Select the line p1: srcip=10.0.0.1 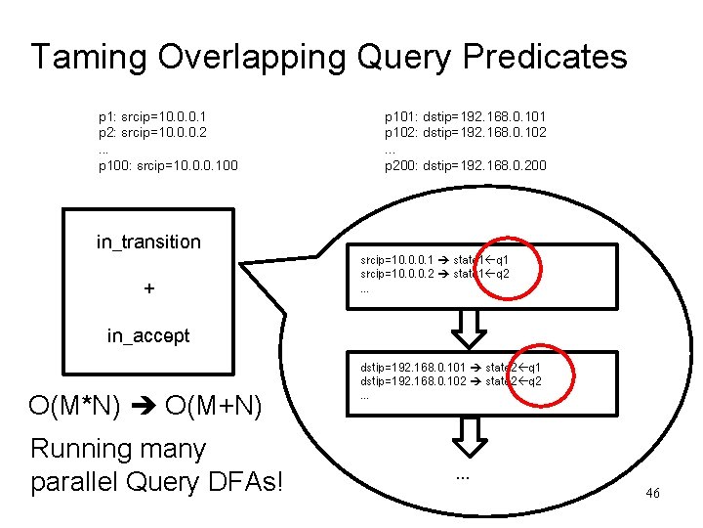(152, 115)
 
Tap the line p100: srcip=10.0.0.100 (168, 165)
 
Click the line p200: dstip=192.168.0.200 (466, 165)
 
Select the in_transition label (148, 242)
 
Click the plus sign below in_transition (148, 289)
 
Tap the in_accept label (148, 336)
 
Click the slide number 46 (652, 494)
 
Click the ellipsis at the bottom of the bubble (463, 476)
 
